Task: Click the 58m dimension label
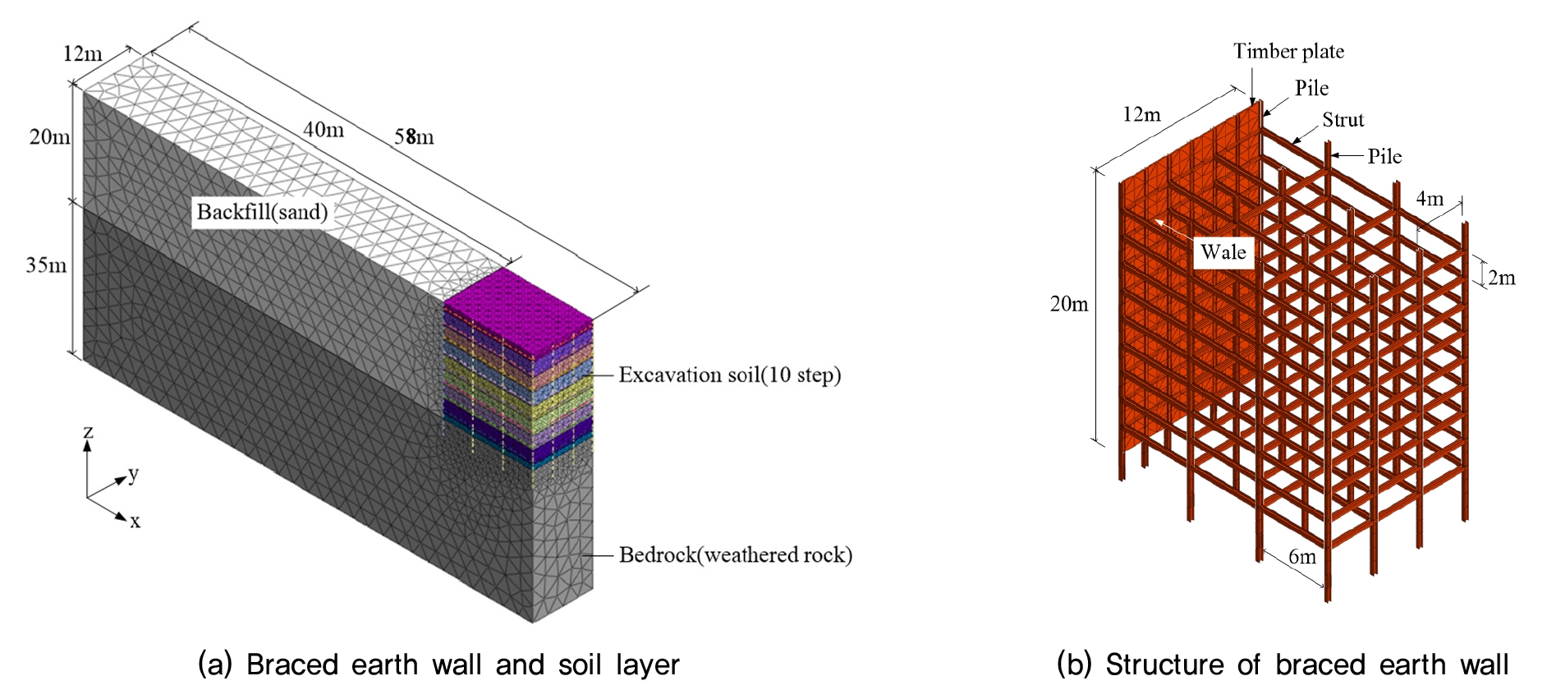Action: (414, 136)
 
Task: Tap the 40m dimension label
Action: (324, 129)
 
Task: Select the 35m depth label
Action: (46, 264)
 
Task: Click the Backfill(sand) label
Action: (262, 212)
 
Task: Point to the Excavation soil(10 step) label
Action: (729, 375)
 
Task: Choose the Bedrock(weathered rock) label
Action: (735, 554)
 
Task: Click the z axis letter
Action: (88, 432)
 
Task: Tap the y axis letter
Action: (133, 474)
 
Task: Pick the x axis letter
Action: (135, 521)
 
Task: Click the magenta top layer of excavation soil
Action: (517, 312)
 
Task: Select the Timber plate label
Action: (1288, 51)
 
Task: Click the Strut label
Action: (1343, 120)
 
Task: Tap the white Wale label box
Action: (1223, 251)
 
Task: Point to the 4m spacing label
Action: (1430, 198)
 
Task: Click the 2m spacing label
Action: (1501, 278)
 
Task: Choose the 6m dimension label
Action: (1302, 556)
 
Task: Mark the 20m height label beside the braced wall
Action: (1069, 304)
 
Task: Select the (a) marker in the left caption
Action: (215, 664)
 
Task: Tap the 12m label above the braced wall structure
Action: (1141, 114)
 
